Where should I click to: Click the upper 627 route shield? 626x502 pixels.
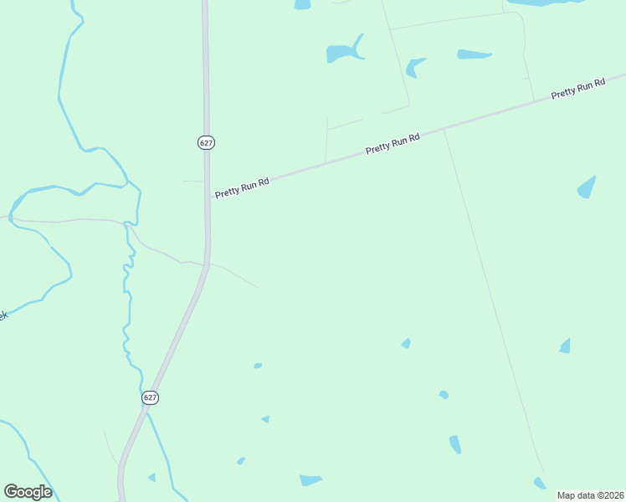coord(207,142)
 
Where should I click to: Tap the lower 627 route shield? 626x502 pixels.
coord(150,397)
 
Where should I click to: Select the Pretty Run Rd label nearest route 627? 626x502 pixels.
coord(242,187)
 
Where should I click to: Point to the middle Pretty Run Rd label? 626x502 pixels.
coord(393,143)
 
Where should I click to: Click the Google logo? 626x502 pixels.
coord(28,491)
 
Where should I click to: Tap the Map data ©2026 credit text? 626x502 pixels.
coord(590,495)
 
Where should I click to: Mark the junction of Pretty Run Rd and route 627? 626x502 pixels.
coord(207,198)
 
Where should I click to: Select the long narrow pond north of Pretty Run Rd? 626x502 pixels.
coord(474,54)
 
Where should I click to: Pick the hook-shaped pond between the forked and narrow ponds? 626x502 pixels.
coord(414,66)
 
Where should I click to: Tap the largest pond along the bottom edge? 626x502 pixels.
coord(310,480)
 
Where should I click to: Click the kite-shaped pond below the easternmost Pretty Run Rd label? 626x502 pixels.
coord(588,187)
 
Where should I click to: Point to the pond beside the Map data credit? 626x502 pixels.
coord(540,483)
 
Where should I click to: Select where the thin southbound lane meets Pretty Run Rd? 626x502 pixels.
coord(444,129)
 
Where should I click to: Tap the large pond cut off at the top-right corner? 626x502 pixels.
coord(544,3)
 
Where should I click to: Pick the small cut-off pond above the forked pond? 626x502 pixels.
coord(302,4)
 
